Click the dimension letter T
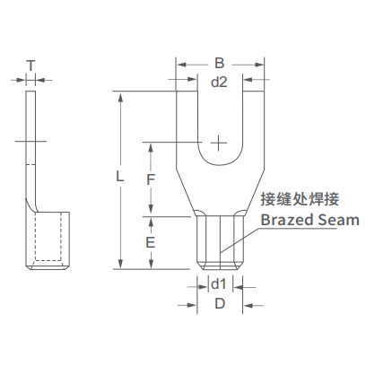coord(31,65)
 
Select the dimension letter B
coord(220,64)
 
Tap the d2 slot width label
coord(219,82)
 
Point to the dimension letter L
coord(119,177)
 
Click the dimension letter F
coord(151,179)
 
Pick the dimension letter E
coord(151,242)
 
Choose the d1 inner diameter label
coord(219,284)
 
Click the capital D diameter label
coord(220,304)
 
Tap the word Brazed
coord(287,220)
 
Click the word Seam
coord(338,220)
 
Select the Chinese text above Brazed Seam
coord(300,199)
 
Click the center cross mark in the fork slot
coord(219,144)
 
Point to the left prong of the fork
coord(187,128)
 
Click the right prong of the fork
coord(253,128)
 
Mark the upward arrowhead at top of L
coord(120,97)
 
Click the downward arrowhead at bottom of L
coord(120,263)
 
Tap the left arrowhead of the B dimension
coord(182,65)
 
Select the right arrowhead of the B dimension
coord(258,65)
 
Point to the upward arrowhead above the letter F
coord(151,148)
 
